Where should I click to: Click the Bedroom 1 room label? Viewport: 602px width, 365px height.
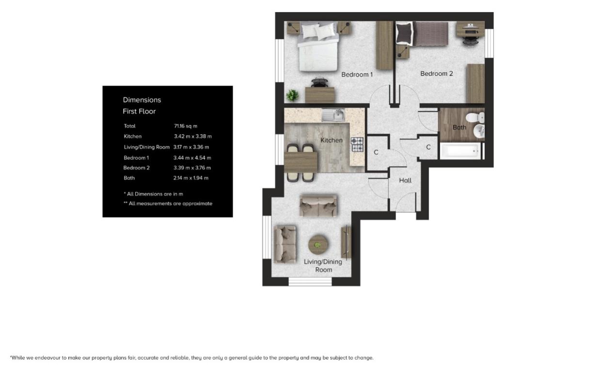point(357,75)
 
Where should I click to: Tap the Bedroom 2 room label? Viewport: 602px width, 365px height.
point(436,73)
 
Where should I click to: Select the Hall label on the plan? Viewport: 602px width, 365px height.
point(405,180)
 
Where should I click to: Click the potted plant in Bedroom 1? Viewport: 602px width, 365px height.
point(292,95)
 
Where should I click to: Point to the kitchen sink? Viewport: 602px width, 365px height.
point(333,115)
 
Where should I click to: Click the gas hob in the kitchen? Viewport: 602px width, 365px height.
point(357,144)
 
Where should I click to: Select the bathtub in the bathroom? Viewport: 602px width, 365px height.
point(460,151)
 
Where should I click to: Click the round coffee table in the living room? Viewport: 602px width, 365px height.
point(318,245)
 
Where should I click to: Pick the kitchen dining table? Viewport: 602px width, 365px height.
point(301,162)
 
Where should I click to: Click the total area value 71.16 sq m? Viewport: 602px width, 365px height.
point(186,126)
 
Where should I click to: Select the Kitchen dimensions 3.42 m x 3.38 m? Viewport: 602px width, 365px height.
point(193,136)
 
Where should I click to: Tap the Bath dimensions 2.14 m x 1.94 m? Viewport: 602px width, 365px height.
point(191,178)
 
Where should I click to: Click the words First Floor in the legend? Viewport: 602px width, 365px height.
point(139,111)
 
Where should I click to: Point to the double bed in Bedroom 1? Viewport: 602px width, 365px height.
point(318,48)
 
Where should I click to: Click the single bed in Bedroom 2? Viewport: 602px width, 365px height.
point(422,33)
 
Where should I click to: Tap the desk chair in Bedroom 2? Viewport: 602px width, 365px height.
point(470,41)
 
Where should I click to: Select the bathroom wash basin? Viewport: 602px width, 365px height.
point(478,131)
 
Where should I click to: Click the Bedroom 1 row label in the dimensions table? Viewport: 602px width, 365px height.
point(136,158)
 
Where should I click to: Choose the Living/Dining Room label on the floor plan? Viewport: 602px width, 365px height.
point(323,266)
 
